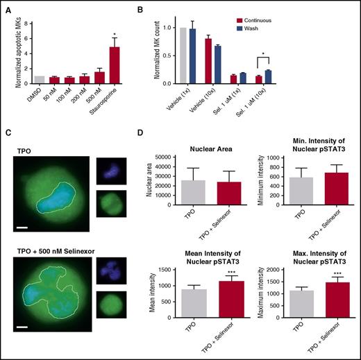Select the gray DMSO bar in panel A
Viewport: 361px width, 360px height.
tap(40, 80)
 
